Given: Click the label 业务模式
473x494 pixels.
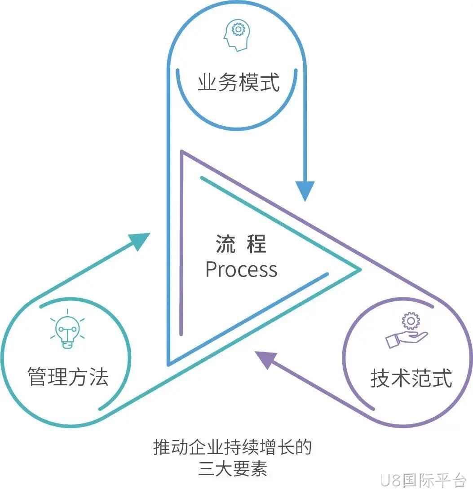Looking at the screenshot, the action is click(239, 82).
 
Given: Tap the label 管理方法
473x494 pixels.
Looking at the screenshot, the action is click(68, 376).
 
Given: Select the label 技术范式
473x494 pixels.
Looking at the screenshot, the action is click(411, 378).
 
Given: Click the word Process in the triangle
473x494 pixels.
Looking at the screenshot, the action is click(241, 269).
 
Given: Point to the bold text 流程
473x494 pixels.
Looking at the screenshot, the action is click(241, 244).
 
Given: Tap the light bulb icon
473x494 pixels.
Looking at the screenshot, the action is click(67, 330).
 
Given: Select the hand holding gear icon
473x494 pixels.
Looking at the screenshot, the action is click(407, 330).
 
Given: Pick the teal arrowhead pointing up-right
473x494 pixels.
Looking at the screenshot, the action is click(140, 241).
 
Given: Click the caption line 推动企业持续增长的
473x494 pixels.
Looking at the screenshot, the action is click(232, 447).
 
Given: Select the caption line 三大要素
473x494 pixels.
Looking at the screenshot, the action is click(233, 468).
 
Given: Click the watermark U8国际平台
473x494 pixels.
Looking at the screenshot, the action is click(423, 481).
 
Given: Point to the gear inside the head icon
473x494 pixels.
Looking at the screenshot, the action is click(238, 29).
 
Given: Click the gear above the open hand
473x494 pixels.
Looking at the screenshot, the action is click(411, 321).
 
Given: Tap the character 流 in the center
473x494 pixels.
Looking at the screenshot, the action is click(225, 244).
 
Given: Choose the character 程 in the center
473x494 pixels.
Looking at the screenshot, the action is click(256, 244).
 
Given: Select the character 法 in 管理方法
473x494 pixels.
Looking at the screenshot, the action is click(99, 376).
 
